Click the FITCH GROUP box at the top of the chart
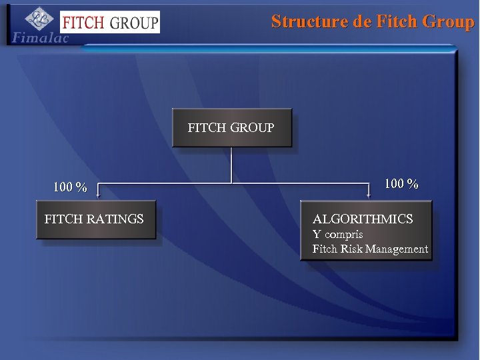[231, 127]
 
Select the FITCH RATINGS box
[95, 219]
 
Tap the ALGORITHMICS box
[366, 230]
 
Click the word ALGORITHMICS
[363, 219]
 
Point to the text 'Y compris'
[338, 235]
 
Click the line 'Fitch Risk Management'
[370, 249]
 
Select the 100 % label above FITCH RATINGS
[70, 187]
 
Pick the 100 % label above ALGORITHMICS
[401, 184]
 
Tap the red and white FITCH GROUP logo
[109, 22]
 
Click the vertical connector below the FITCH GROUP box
[231, 164]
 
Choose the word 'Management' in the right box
[397, 249]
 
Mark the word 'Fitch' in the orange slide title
[395, 21]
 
